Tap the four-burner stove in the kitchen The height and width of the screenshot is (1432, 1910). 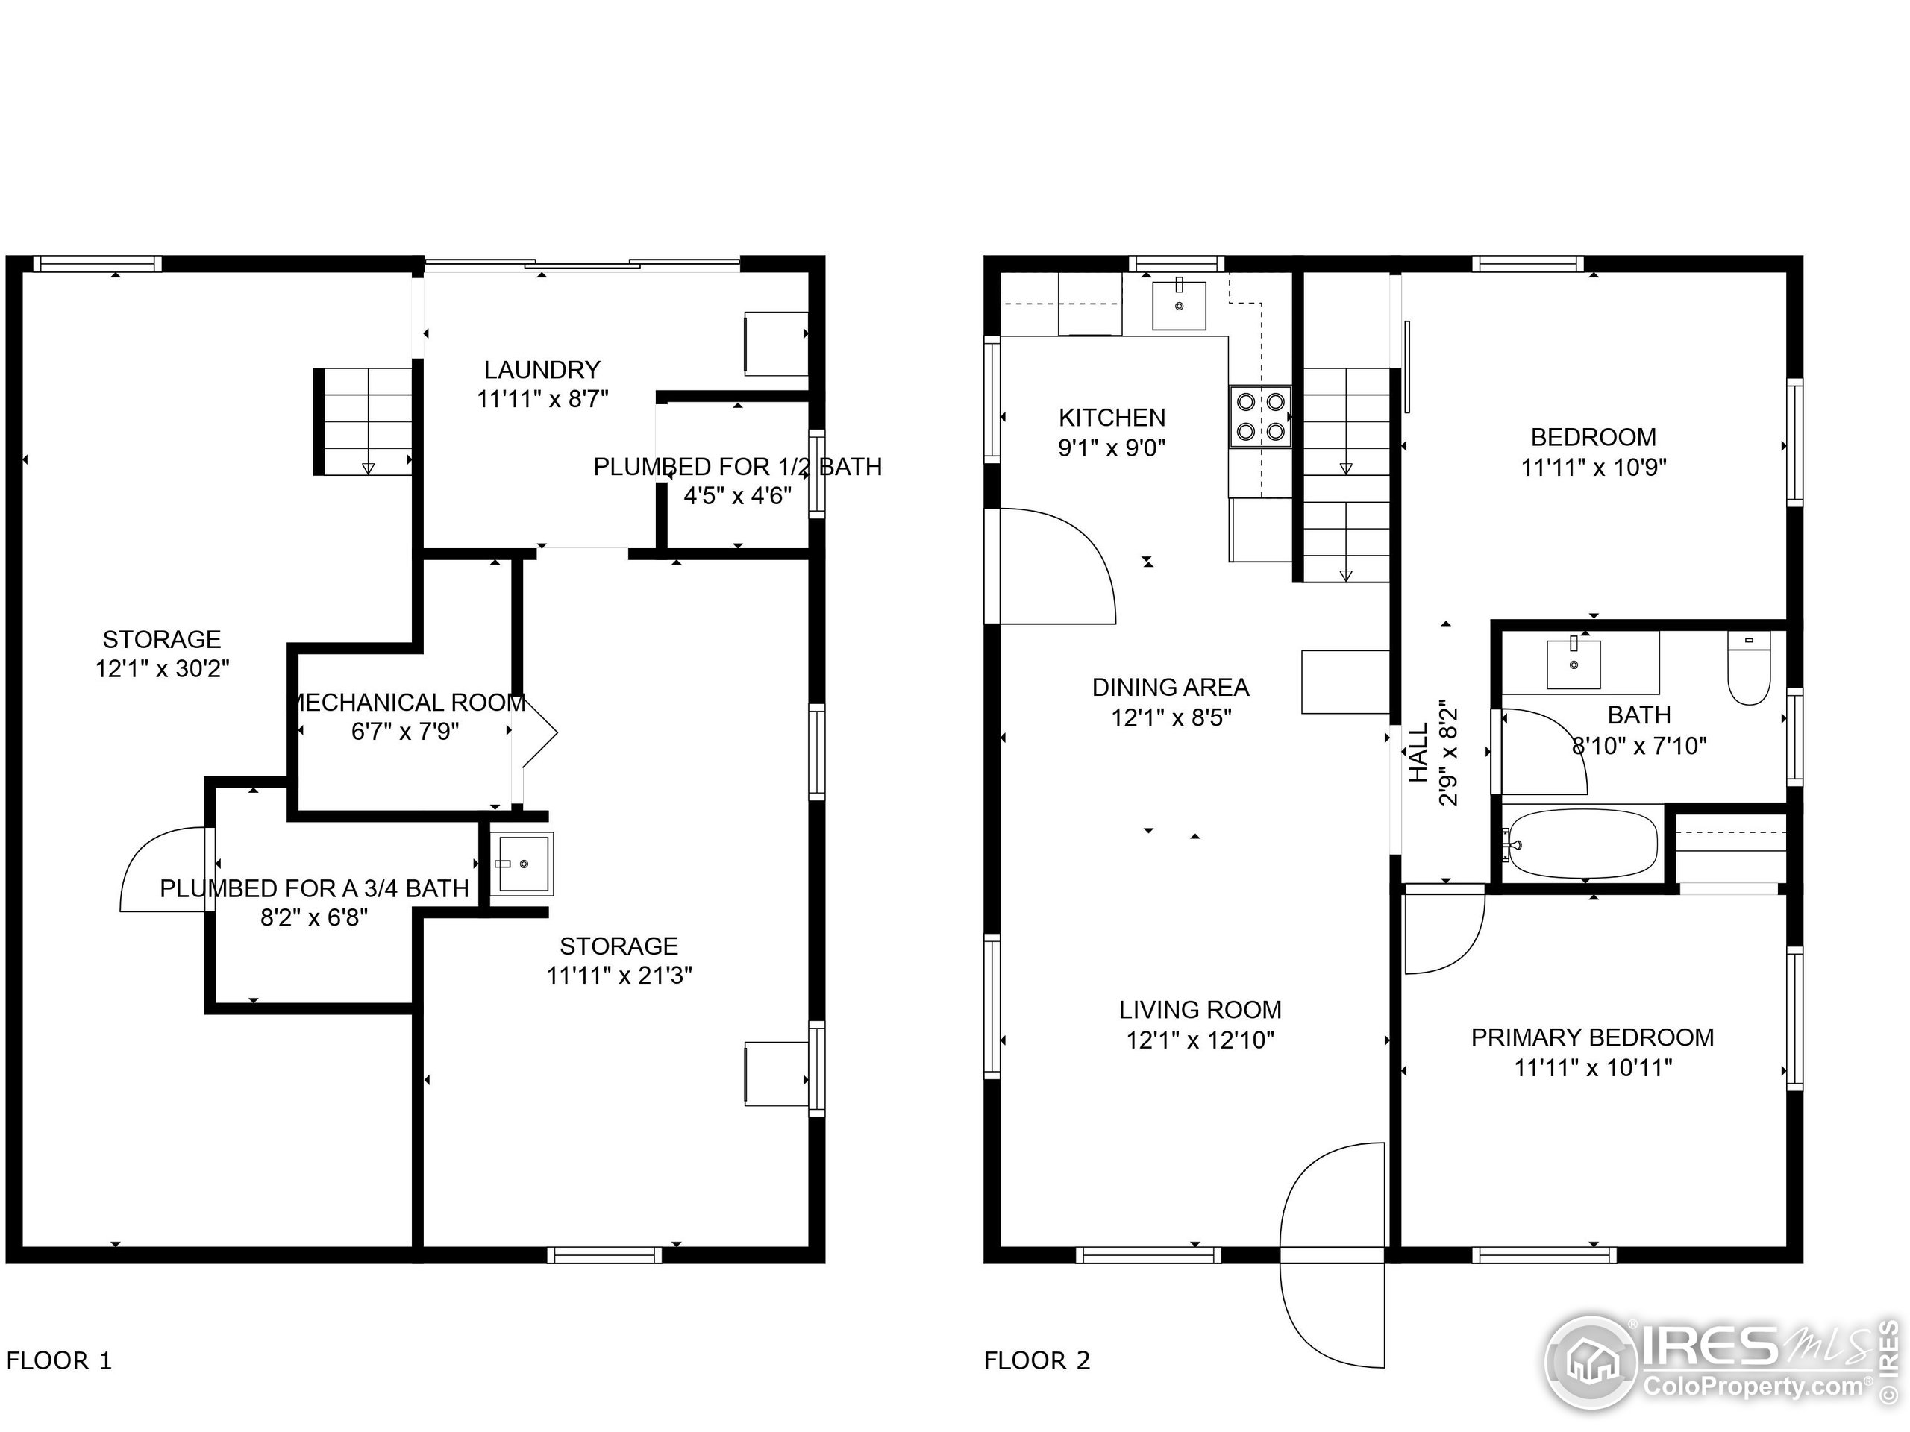click(x=1261, y=416)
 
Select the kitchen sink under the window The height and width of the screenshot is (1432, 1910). click(x=1179, y=305)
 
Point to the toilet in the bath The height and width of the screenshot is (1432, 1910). click(x=1750, y=668)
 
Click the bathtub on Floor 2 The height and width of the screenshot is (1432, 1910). click(x=1579, y=844)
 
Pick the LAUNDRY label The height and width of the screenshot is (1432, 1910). click(x=542, y=370)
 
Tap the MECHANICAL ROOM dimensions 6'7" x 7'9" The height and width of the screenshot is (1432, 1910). click(x=405, y=732)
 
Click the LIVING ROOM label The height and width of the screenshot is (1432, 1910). click(x=1200, y=1010)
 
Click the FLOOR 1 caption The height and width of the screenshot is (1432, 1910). click(x=59, y=1361)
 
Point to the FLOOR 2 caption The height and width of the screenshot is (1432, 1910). click(x=1036, y=1361)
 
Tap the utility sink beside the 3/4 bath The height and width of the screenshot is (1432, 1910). click(x=522, y=863)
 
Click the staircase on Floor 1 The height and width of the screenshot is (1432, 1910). click(x=363, y=421)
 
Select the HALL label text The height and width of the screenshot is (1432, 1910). click(x=1418, y=753)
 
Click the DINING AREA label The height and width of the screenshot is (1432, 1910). click(x=1170, y=688)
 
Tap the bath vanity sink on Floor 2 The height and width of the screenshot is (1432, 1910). click(x=1574, y=663)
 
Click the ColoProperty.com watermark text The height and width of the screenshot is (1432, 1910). click(x=1753, y=1387)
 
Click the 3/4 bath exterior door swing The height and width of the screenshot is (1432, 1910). click(x=164, y=869)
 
